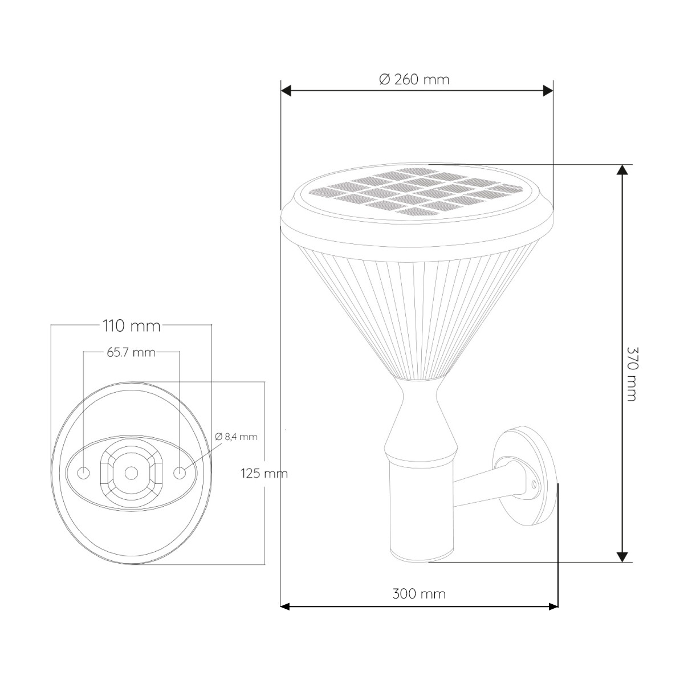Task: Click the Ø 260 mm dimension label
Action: click(414, 79)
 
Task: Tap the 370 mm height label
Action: click(632, 374)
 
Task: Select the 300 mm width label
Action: click(419, 594)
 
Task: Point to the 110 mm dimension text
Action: click(131, 326)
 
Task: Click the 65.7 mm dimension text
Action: click(131, 352)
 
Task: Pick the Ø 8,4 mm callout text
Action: click(236, 437)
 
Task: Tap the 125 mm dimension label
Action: click(264, 474)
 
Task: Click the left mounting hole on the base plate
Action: click(84, 473)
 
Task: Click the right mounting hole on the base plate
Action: click(180, 473)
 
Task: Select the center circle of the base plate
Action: click(131, 473)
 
